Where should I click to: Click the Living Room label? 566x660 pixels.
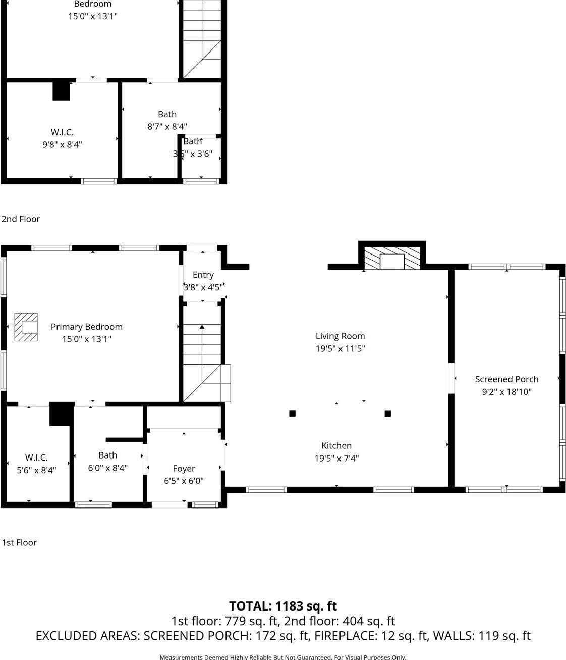tap(340, 336)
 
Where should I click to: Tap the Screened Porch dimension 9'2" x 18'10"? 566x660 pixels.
tap(506, 392)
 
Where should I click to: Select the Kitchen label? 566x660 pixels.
tap(336, 446)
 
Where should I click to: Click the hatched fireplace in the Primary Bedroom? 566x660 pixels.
tap(26, 327)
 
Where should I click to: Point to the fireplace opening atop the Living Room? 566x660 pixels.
tap(392, 261)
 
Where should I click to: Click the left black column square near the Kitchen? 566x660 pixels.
tap(292, 414)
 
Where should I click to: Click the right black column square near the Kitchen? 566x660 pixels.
tap(387, 414)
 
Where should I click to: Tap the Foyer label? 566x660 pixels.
tap(184, 469)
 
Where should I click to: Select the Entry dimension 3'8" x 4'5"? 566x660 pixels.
tap(202, 287)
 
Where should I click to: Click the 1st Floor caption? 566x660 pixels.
tap(19, 543)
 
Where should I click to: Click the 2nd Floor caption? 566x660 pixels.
tap(21, 219)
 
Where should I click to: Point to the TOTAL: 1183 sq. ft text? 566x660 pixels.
tap(282, 606)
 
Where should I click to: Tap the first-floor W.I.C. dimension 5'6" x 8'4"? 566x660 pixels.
tap(36, 470)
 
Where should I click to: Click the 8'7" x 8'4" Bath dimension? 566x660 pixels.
tap(167, 127)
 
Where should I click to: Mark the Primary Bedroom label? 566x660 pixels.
tap(86, 327)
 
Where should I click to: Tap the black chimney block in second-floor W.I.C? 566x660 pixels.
tap(61, 91)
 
